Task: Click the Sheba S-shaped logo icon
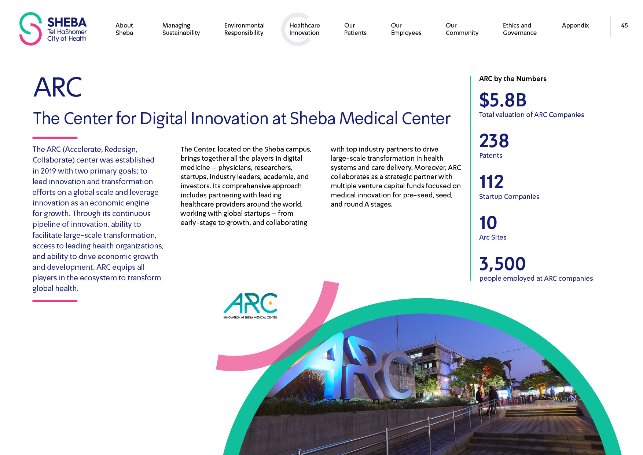(x=30, y=29)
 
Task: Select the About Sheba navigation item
(x=124, y=29)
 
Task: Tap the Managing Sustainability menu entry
(x=181, y=29)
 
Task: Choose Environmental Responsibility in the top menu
(x=245, y=29)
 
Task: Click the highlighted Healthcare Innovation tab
(x=305, y=29)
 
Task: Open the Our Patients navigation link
(x=355, y=29)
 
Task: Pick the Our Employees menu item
(x=406, y=29)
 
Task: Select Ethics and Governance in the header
(x=520, y=29)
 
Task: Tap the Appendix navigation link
(x=575, y=25)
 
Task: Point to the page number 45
(x=624, y=25)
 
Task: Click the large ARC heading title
(x=58, y=87)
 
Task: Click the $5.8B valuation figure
(x=503, y=100)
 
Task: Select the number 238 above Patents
(x=494, y=141)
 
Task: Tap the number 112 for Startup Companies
(x=491, y=182)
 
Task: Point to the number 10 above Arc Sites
(x=488, y=223)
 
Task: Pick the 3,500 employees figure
(x=502, y=264)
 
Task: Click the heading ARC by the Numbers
(x=512, y=79)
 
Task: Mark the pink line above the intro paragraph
(x=55, y=138)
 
